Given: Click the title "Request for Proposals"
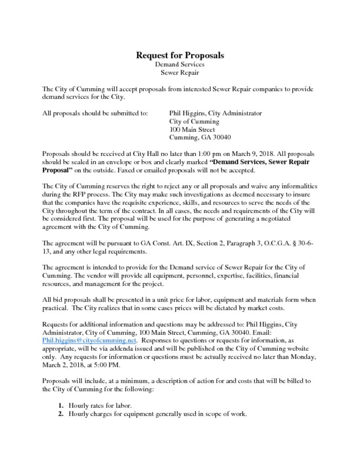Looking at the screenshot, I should tap(180, 56).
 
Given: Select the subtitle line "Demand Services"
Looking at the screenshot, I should tap(180, 65).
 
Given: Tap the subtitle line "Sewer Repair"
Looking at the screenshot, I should tap(180, 72).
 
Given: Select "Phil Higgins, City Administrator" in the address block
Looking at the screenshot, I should tap(215, 113).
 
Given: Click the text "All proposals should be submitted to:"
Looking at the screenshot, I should tap(95, 113).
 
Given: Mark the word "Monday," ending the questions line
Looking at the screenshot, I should tap(304, 357).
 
